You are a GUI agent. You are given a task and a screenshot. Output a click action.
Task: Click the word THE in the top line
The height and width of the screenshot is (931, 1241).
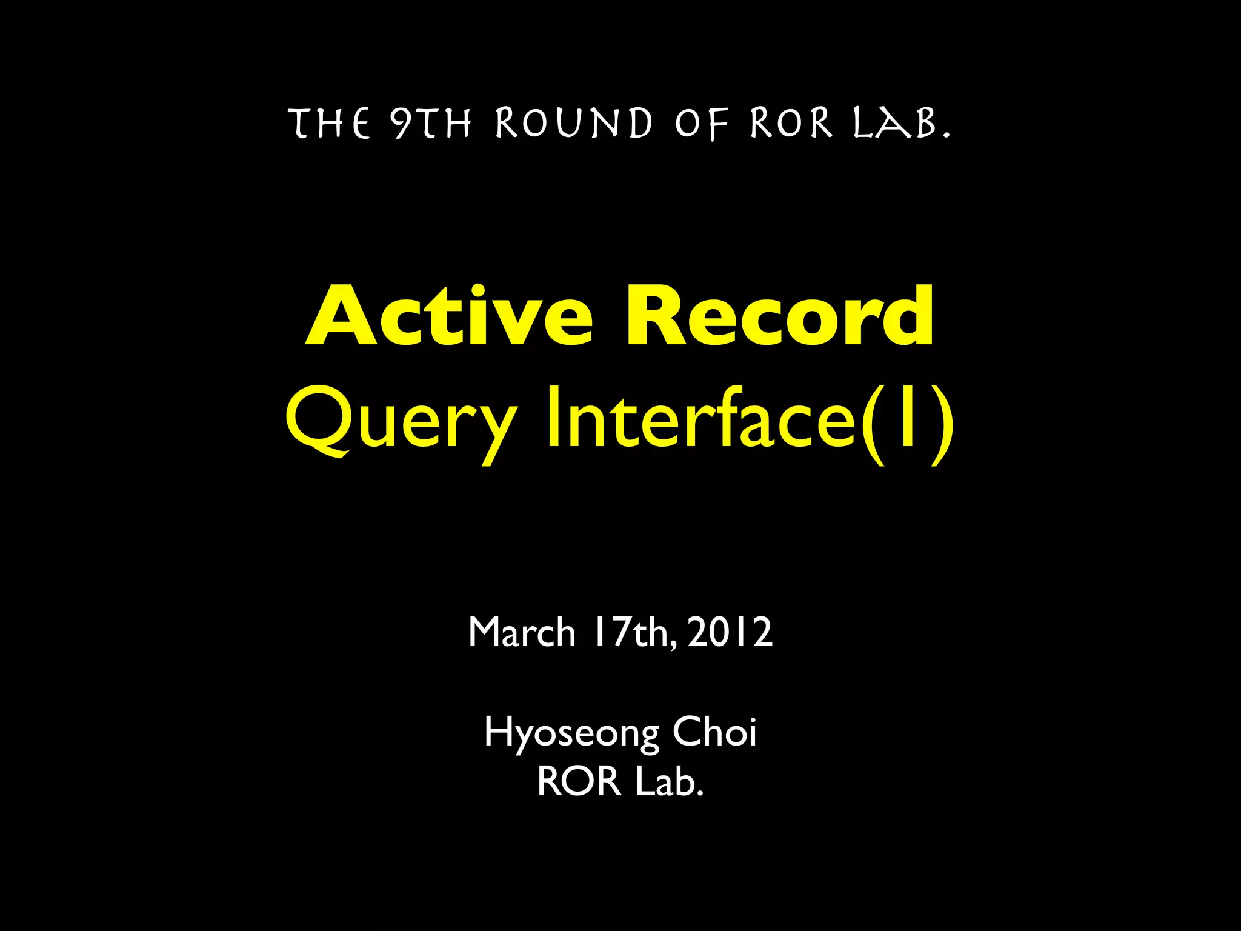[x=331, y=124]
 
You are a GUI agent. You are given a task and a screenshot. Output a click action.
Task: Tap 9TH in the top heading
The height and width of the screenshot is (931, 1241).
[x=431, y=124]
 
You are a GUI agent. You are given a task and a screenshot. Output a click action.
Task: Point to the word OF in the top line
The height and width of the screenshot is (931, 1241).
[x=702, y=124]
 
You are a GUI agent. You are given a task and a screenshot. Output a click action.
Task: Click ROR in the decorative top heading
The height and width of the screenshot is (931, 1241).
[x=791, y=124]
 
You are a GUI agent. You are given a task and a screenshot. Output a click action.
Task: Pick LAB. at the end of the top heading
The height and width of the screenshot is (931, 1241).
[x=901, y=124]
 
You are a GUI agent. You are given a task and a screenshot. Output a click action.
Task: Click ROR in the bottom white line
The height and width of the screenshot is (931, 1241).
[x=579, y=781]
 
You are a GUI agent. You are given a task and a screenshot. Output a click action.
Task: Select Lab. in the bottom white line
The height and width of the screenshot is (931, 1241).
[x=670, y=781]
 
